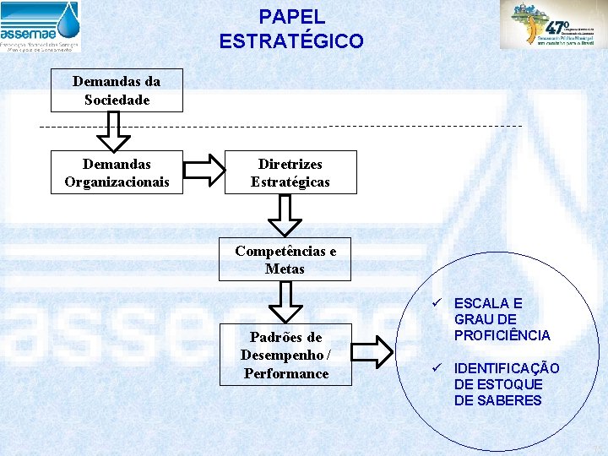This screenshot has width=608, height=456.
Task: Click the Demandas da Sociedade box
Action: [117, 90]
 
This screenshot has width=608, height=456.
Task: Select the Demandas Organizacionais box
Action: [117, 172]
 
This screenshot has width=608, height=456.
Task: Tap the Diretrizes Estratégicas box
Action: [290, 172]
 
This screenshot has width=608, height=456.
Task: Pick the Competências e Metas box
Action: [285, 260]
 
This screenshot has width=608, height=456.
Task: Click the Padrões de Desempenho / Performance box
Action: [285, 355]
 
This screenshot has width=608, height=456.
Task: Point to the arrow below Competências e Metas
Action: [285, 301]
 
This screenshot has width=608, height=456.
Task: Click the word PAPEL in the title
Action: [291, 16]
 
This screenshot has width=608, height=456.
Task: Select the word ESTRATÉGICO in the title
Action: [291, 41]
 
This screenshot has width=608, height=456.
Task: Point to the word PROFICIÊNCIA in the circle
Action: [502, 335]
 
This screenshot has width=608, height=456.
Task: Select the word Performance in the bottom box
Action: [286, 373]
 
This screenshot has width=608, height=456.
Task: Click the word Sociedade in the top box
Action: [117, 100]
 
